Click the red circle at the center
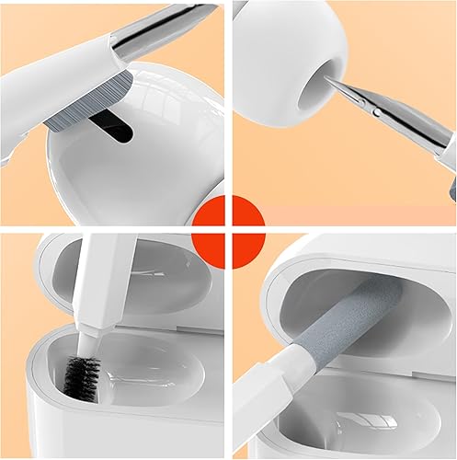coord(229,227)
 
